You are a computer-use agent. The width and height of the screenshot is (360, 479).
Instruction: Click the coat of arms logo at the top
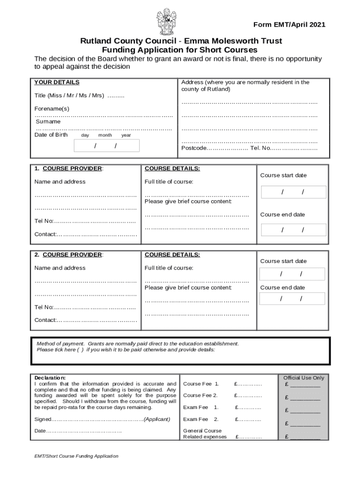point(167,22)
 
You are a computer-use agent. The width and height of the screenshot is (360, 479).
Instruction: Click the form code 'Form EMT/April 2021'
point(289,25)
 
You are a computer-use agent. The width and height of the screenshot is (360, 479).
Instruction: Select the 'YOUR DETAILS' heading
point(57,82)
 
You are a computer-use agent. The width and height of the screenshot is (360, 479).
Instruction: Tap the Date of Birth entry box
point(107,146)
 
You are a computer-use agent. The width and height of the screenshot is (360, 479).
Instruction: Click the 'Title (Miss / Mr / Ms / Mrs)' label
point(69,95)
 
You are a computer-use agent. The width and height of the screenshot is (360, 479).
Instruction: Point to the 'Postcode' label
point(194,148)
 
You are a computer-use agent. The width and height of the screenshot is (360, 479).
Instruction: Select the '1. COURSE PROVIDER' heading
point(69,168)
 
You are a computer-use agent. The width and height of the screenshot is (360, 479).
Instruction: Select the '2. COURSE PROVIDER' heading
point(69,255)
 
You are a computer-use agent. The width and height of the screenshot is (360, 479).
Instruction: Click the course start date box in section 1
point(293,192)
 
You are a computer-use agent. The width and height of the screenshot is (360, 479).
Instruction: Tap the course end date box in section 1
point(293,230)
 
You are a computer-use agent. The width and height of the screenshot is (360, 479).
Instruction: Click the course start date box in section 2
point(292,274)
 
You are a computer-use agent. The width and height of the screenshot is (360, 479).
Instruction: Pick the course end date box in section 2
point(292,299)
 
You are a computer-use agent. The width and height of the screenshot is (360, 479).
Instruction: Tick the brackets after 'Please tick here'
point(81,350)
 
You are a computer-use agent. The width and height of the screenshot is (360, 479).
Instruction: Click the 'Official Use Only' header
point(303,378)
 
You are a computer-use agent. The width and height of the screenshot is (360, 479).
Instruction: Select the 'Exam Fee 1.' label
point(201,407)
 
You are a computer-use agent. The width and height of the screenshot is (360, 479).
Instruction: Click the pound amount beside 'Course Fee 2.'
point(248,396)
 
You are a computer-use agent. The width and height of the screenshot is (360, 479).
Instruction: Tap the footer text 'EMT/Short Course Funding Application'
point(72,456)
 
